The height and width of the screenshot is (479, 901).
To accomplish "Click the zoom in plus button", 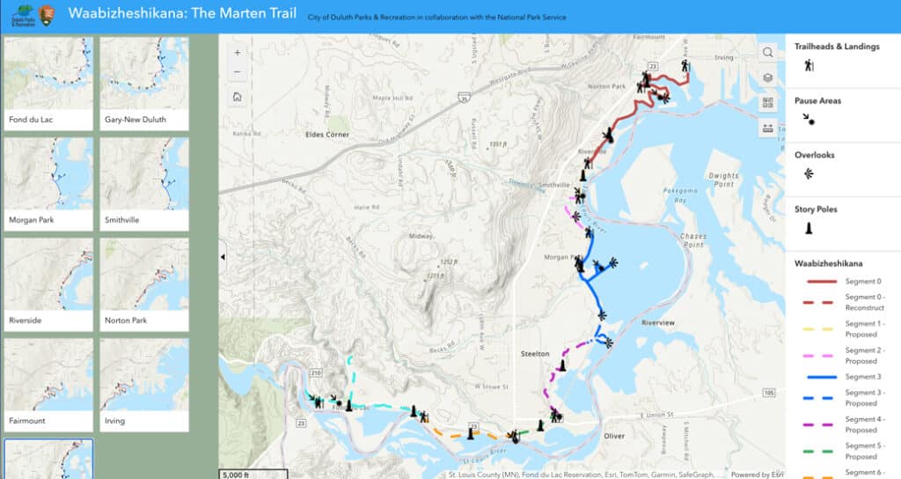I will [238, 53].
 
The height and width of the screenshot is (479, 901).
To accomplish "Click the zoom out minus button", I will [238, 72].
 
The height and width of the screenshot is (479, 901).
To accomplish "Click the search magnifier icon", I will [768, 53].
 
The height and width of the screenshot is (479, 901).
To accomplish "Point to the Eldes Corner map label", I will [326, 135].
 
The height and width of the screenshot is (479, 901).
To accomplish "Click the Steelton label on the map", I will [535, 353].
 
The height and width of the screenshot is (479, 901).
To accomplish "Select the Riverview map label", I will [658, 323].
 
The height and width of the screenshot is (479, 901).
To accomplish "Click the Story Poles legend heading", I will [816, 210].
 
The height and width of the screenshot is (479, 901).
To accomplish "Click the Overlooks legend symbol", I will [808, 173].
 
